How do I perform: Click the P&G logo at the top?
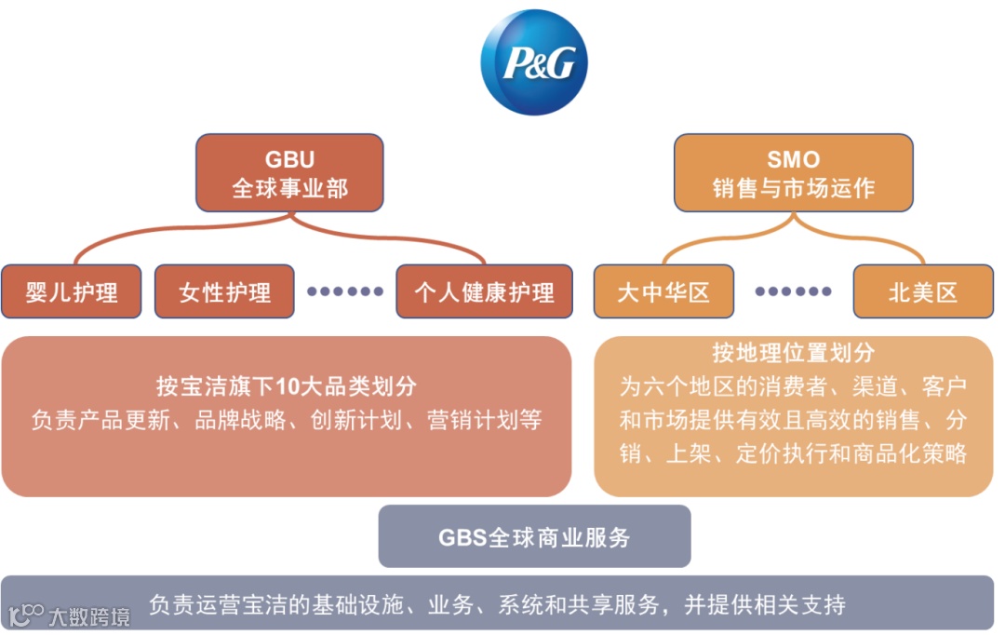tap(534, 62)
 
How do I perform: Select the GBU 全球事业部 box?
tap(289, 173)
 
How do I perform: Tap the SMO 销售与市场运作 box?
tap(793, 173)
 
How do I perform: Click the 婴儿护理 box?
tap(72, 292)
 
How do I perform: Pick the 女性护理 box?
tap(224, 292)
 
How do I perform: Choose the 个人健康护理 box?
tap(484, 292)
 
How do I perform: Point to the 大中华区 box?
tap(663, 292)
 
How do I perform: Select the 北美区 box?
tap(923, 292)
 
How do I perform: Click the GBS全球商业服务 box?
tap(534, 537)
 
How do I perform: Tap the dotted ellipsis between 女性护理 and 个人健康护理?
tap(345, 291)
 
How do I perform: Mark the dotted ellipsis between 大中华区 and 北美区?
tap(793, 291)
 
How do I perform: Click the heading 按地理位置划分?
tap(793, 353)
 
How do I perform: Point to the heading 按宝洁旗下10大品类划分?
tap(286, 386)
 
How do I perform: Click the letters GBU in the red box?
tap(289, 159)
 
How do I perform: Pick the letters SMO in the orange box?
tap(793, 159)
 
